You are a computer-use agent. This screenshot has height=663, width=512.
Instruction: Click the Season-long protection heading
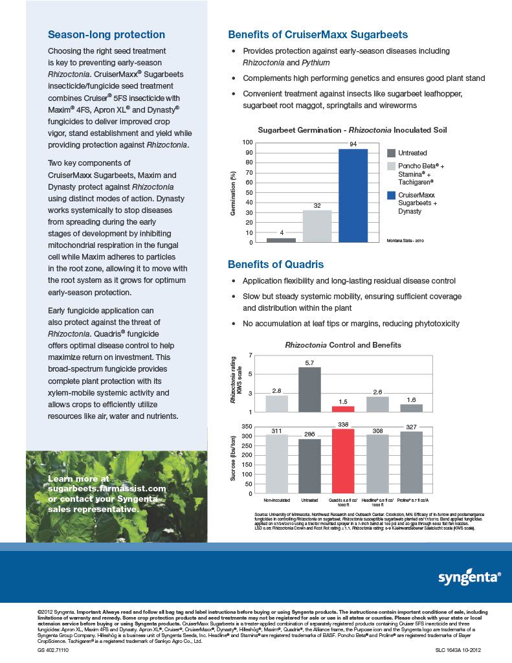tap(107, 35)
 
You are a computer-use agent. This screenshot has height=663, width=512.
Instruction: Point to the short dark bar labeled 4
tap(281, 240)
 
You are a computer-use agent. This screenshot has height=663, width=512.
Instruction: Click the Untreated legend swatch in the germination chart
tap(391, 153)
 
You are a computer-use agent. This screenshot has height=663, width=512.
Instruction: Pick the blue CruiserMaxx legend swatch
tap(391, 195)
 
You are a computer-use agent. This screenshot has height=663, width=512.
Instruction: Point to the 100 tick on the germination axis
tap(248, 142)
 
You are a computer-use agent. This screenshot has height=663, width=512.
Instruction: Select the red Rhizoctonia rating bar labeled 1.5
tap(343, 409)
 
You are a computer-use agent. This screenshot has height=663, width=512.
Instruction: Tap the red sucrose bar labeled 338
tap(343, 461)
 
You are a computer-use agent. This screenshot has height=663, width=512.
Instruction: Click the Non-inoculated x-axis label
tap(277, 500)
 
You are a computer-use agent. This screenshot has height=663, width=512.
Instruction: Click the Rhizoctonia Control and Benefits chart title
tap(343, 345)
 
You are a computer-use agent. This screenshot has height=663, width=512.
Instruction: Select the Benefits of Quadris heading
tap(276, 264)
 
